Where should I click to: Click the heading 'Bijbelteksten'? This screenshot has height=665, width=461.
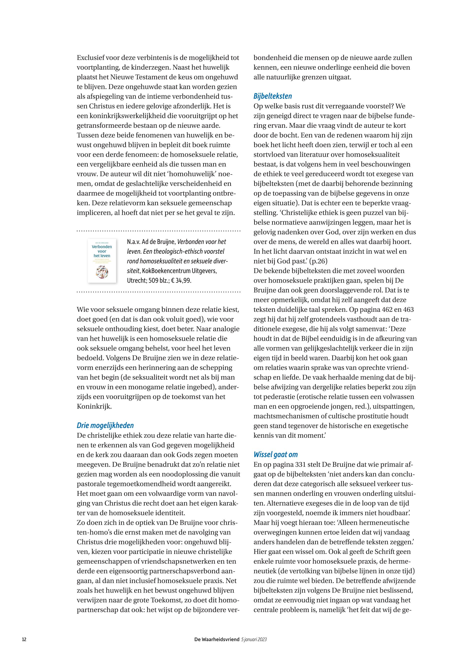tap(272, 96)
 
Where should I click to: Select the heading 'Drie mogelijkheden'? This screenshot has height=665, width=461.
tap(105, 425)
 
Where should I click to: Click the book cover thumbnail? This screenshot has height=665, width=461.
tap(102, 260)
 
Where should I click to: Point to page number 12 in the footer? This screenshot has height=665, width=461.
tap(24, 639)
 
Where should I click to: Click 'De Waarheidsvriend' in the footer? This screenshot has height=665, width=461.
tap(217, 639)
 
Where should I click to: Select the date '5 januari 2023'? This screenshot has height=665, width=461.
tap(254, 639)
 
